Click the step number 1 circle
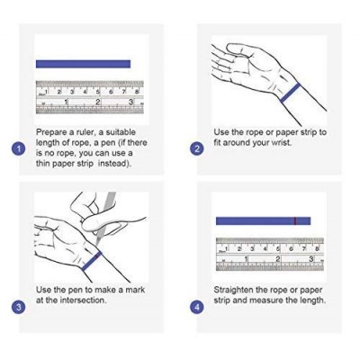coord(19,149)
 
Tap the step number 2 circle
coord(197,149)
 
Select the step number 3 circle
coord(19,308)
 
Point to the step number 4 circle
coord(197,308)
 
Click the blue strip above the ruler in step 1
coord(83,64)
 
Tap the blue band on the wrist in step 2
coord(291,93)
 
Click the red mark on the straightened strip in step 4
coord(295,220)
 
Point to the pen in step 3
coord(105,216)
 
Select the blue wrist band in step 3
coord(92,261)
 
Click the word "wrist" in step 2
coord(281,142)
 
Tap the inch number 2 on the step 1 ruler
coord(97,102)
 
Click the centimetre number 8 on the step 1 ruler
coord(137,92)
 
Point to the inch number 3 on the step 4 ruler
coord(311,259)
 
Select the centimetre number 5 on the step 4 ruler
coord(278,248)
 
